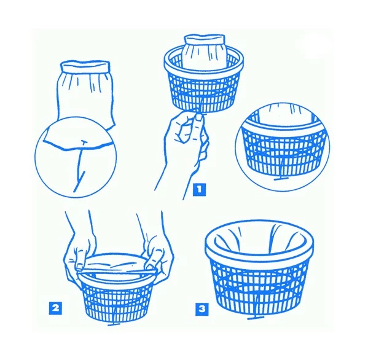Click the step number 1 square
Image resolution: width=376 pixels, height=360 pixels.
point(199,190)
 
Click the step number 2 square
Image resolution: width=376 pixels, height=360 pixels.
point(55,308)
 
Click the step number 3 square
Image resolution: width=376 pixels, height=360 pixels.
point(202,309)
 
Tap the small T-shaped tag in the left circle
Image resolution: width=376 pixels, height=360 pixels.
point(84,143)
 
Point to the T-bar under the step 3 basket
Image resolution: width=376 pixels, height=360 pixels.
point(256,318)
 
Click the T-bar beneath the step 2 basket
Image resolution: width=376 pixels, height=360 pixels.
point(114,324)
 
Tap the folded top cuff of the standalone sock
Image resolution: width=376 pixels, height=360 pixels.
point(85,66)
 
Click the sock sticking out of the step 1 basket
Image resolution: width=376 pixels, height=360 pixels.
point(205,52)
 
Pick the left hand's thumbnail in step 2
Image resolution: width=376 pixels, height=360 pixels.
point(79,267)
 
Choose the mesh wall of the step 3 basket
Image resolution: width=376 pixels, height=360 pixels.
point(259,287)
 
